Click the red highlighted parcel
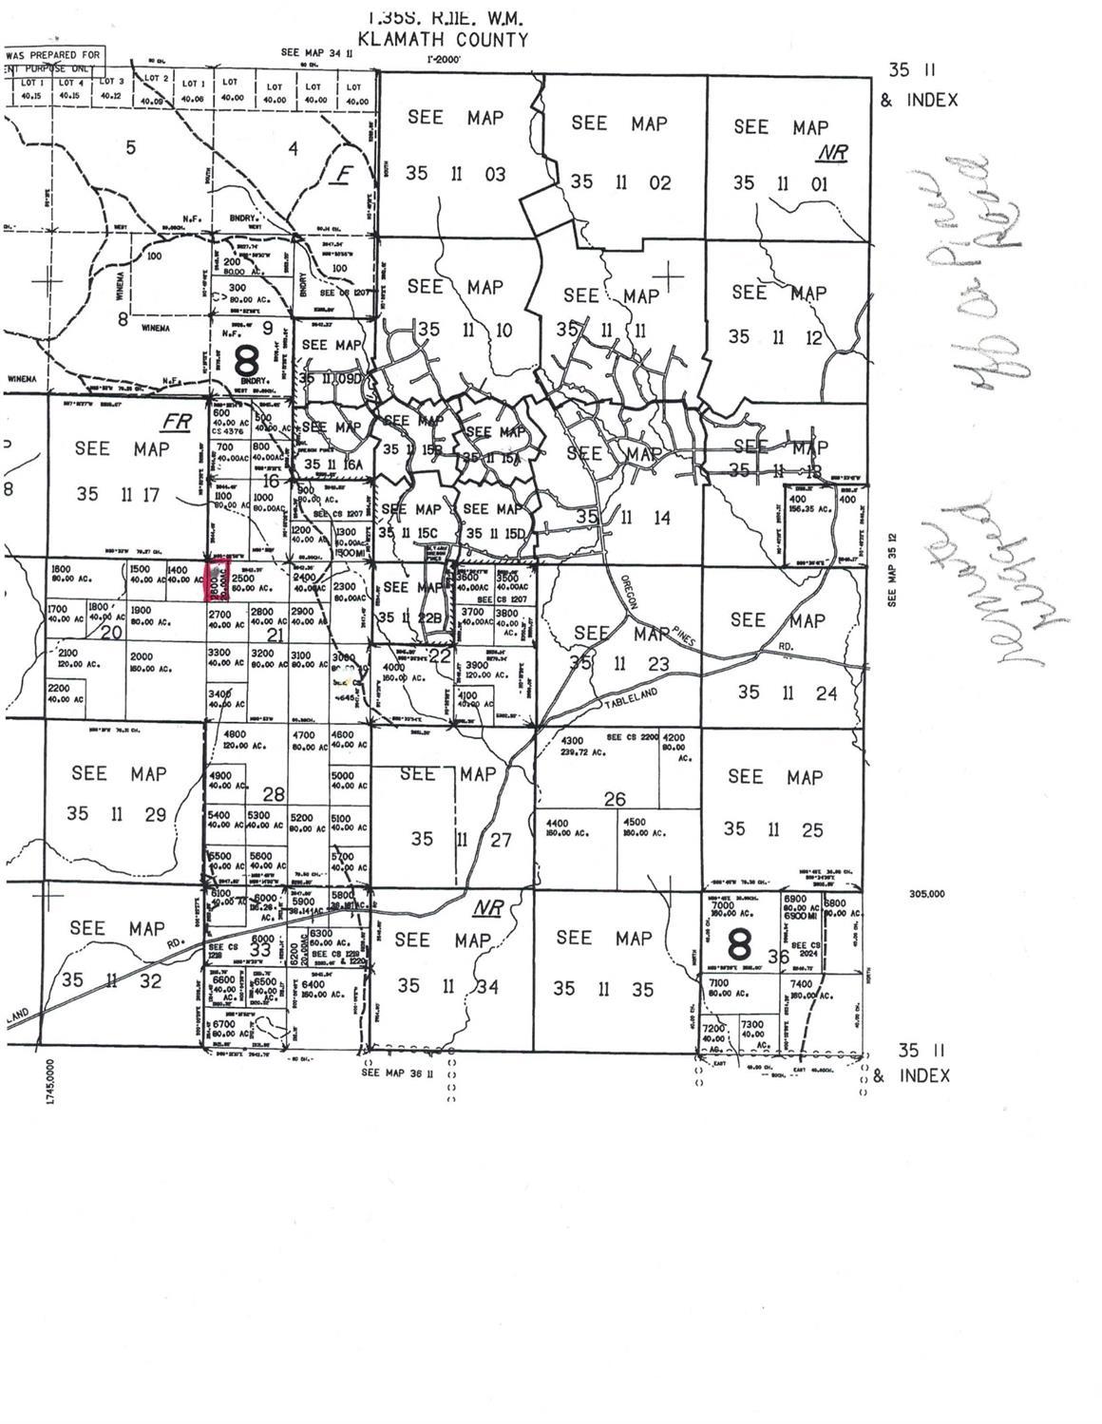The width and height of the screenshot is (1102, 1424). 218,581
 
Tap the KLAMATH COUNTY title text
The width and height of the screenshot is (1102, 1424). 442,40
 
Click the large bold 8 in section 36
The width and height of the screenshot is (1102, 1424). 739,945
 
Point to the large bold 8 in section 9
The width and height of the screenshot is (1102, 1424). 245,361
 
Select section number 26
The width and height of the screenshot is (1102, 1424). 615,799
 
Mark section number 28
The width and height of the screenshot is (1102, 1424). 274,793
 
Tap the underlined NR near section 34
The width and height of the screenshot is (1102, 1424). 487,908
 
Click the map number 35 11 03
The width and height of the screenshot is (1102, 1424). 456,174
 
